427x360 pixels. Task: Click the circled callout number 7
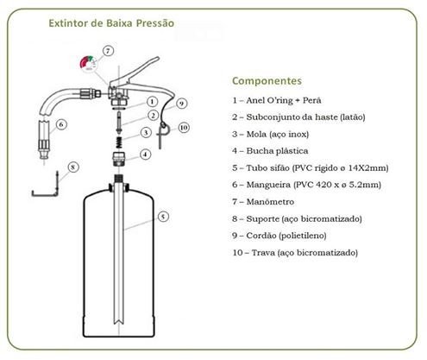pyautogui.click(x=108, y=51)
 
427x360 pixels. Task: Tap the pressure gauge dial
pyautogui.click(x=89, y=63)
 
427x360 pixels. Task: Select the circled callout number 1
pyautogui.click(x=152, y=102)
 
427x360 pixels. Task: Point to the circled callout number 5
pyautogui.click(x=163, y=217)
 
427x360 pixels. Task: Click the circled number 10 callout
pyautogui.click(x=184, y=128)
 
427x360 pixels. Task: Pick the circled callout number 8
pyautogui.click(x=73, y=167)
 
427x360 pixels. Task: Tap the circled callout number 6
pyautogui.click(x=61, y=124)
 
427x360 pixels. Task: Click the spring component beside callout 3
pyautogui.click(x=118, y=142)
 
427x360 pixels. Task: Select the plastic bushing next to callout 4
pyautogui.click(x=119, y=160)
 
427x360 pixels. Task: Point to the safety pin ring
pyautogui.click(x=163, y=126)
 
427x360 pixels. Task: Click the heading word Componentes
pyautogui.click(x=267, y=81)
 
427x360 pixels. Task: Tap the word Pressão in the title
pyautogui.click(x=154, y=23)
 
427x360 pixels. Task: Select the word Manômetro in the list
pyautogui.click(x=270, y=202)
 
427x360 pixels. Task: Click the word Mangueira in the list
pyautogui.click(x=268, y=185)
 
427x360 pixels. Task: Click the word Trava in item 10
pyautogui.click(x=263, y=253)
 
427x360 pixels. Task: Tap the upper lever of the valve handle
pyautogui.click(x=135, y=72)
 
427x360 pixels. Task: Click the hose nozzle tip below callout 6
pyautogui.click(x=43, y=154)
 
